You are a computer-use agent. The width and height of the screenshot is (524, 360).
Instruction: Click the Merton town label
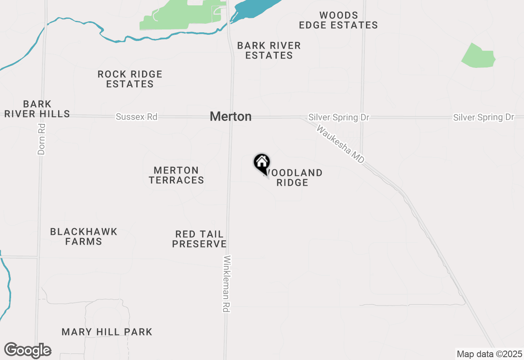(230, 117)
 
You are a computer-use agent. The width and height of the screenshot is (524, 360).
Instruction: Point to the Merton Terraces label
(176, 175)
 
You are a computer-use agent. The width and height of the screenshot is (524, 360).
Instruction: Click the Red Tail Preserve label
(199, 239)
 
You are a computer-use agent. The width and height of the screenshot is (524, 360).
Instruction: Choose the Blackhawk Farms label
(84, 236)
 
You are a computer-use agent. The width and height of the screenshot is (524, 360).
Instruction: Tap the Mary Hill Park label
(107, 332)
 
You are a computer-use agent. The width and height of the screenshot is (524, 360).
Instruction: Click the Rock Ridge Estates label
(130, 79)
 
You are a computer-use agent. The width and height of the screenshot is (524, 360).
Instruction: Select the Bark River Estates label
(269, 50)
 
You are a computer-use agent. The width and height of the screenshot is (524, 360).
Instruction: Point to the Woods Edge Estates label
(338, 20)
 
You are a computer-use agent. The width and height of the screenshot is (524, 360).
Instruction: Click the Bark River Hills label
(37, 109)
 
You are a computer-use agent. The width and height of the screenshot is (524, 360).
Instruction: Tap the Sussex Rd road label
(136, 117)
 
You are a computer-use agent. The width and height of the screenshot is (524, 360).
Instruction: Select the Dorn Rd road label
(41, 139)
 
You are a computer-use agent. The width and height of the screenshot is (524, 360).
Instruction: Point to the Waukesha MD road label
(341, 145)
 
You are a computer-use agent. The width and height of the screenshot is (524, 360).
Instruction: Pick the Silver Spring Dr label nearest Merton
(339, 118)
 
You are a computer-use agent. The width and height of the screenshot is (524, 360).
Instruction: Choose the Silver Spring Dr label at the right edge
(483, 117)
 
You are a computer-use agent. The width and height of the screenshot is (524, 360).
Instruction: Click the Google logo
(27, 350)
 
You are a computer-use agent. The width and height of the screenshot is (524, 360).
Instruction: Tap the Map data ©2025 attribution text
(489, 354)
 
